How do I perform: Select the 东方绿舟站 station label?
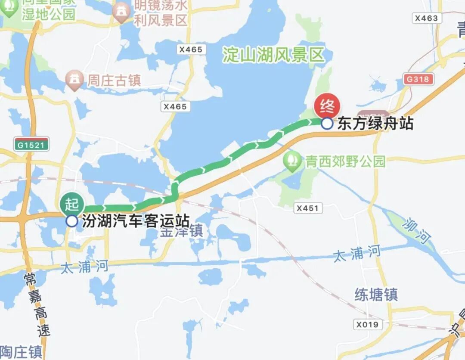pyautogui.click(x=375, y=124)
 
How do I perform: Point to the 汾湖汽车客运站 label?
pyautogui.click(x=136, y=221)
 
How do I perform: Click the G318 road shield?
pyautogui.click(x=417, y=79)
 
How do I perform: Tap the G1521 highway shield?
pyautogui.click(x=31, y=145)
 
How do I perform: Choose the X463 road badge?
pyautogui.click(x=427, y=18)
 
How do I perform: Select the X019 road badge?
pyautogui.click(x=367, y=324)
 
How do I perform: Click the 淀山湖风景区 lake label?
pyautogui.click(x=273, y=55)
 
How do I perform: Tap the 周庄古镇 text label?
pyautogui.click(x=114, y=80)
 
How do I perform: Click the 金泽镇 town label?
pyautogui.click(x=181, y=231)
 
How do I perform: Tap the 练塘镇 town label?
pyautogui.click(x=376, y=295)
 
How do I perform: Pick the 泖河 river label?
pyautogui.click(x=417, y=231)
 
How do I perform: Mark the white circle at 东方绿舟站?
pyautogui.click(x=327, y=124)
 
